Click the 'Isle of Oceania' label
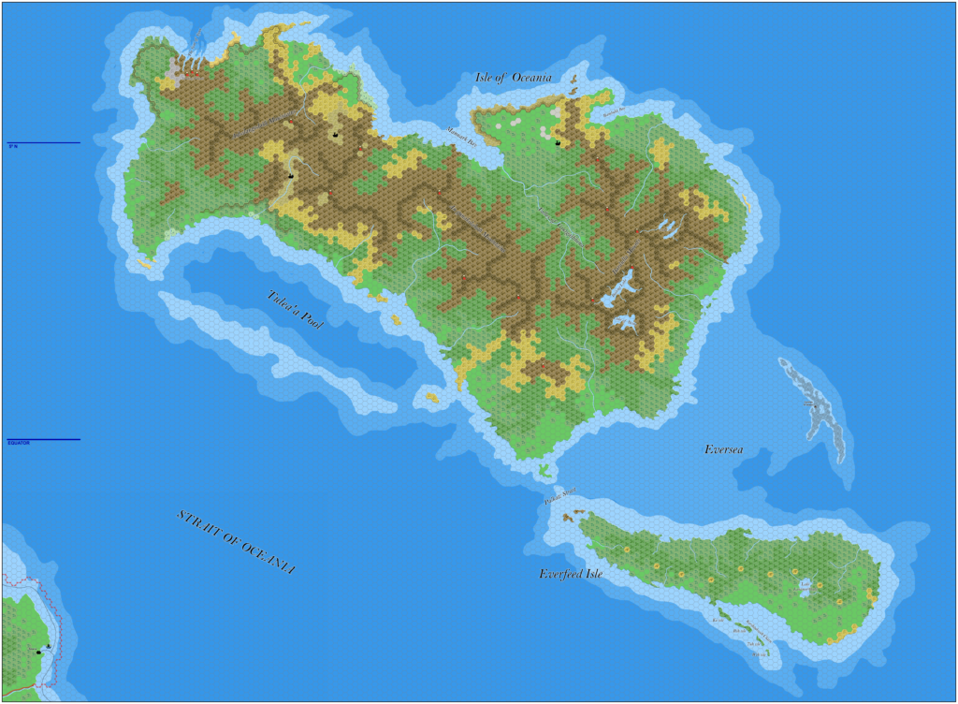(x=514, y=78)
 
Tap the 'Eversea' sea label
(x=723, y=450)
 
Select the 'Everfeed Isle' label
(x=571, y=574)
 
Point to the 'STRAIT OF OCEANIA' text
(x=236, y=542)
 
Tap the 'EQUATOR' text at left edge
(x=19, y=443)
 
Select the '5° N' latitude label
(x=13, y=146)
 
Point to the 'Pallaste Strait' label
(x=560, y=494)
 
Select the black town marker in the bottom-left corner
(x=39, y=652)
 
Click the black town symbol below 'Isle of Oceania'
(x=559, y=142)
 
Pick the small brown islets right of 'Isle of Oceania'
(x=573, y=89)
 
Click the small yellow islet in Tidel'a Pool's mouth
(x=432, y=397)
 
